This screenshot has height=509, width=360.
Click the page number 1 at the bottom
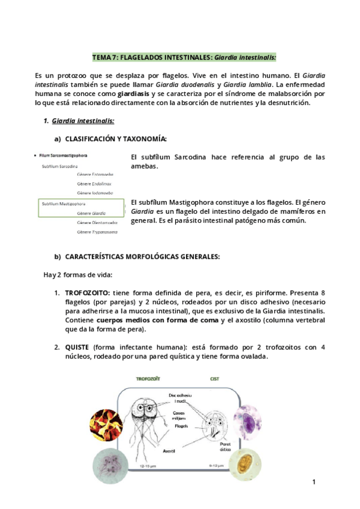pyautogui.click(x=313, y=482)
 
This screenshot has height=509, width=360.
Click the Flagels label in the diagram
pyautogui.click(x=182, y=426)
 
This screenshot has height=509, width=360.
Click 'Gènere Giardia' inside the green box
pyautogui.click(x=92, y=212)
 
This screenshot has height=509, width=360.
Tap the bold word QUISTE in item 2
pyautogui.click(x=77, y=347)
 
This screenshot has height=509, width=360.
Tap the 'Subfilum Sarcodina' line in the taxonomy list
pyautogui.click(x=59, y=165)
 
